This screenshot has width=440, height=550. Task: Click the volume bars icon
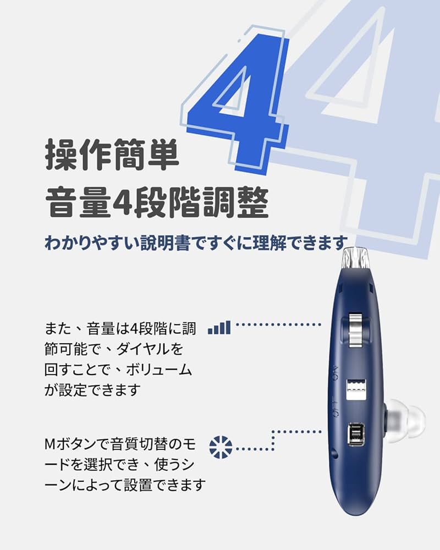(x=219, y=328)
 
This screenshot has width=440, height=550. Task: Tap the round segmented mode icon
(x=221, y=447)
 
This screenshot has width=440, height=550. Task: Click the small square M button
(x=356, y=435)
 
